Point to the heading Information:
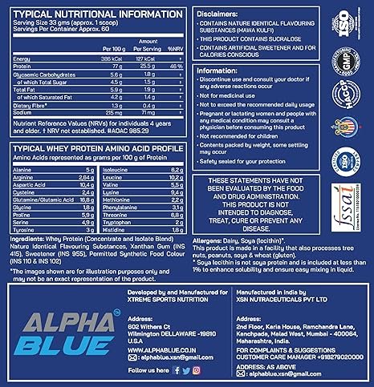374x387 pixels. [x=224, y=71]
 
